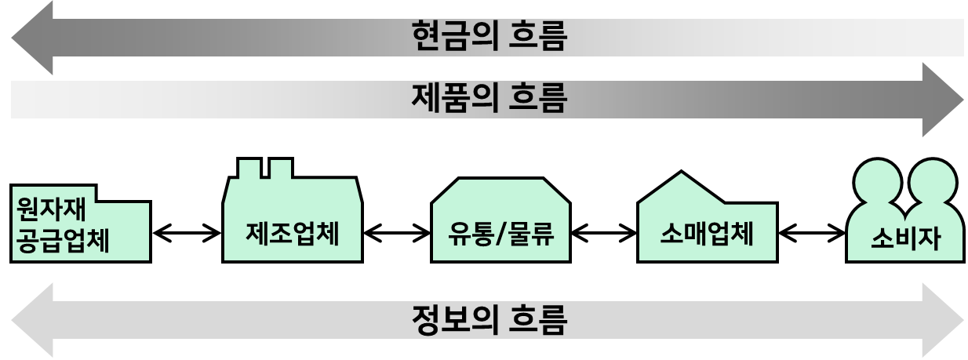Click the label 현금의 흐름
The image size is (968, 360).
point(489,36)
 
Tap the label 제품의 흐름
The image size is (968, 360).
point(489,99)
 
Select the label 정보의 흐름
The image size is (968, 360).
point(489,320)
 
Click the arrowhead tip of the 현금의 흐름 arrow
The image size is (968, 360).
point(12,38)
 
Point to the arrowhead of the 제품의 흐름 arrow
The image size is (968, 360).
point(943,100)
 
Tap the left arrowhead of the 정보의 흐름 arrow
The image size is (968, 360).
point(32,320)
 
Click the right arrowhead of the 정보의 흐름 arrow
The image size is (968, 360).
point(943,320)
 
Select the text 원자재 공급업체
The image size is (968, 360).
point(63,225)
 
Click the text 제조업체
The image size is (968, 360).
point(293,234)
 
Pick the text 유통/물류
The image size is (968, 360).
point(500,234)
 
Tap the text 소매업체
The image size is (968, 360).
point(707,234)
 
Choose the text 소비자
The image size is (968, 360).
point(905,238)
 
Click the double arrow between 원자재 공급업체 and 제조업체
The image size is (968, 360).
point(187,234)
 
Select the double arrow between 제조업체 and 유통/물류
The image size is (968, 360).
point(397,234)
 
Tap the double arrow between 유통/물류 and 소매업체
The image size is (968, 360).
point(604,234)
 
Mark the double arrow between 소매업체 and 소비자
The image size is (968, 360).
point(812,234)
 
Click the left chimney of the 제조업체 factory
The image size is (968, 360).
point(249,168)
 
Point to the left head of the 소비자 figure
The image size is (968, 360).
point(878,181)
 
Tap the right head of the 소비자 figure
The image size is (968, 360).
point(933,181)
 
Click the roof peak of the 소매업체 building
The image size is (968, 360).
point(682,172)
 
